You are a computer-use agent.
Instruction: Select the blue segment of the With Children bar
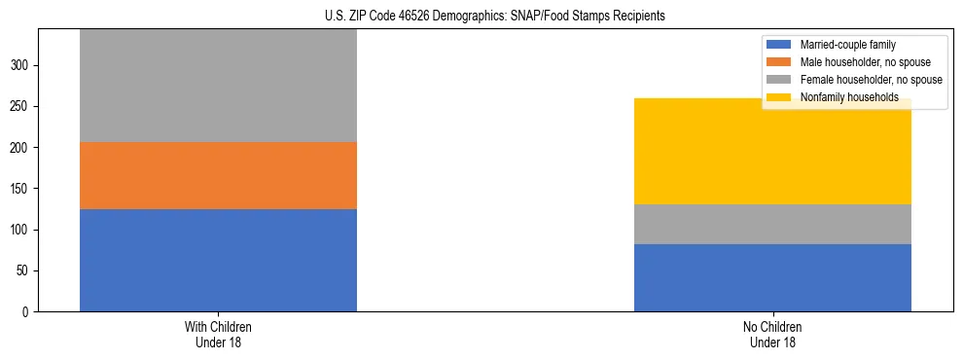218,260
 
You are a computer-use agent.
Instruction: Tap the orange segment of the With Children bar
218,175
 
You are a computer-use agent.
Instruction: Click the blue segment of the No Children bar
772,277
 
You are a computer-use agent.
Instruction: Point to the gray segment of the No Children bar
772,224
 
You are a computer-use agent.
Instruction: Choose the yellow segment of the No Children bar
772,151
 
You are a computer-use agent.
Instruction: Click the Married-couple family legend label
847,45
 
